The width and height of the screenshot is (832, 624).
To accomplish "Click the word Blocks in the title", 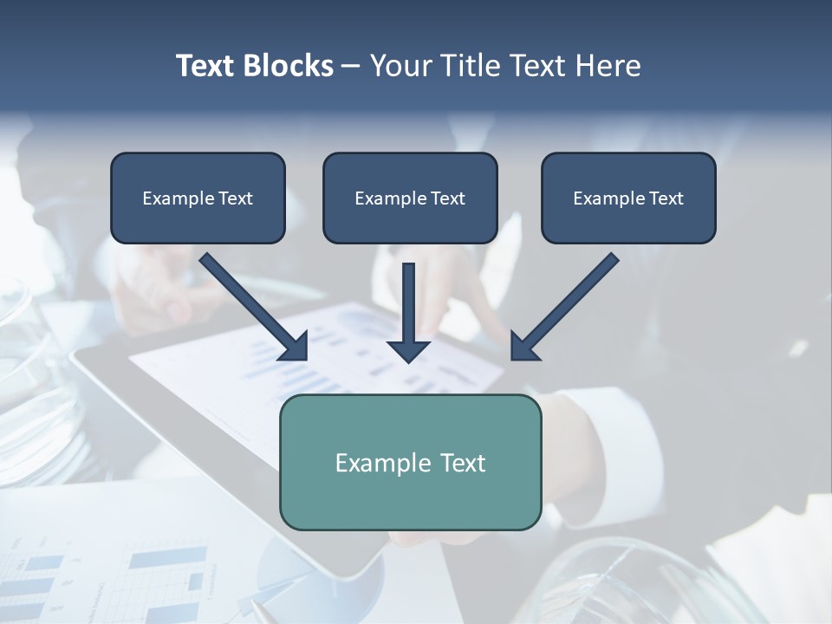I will click(x=289, y=66).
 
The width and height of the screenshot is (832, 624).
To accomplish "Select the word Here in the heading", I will click(x=607, y=66).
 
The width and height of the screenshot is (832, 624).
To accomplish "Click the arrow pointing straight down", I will click(x=408, y=303).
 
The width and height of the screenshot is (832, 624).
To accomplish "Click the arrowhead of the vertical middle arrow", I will click(x=408, y=351).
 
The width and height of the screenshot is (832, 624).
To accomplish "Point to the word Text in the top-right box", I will click(x=666, y=198).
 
